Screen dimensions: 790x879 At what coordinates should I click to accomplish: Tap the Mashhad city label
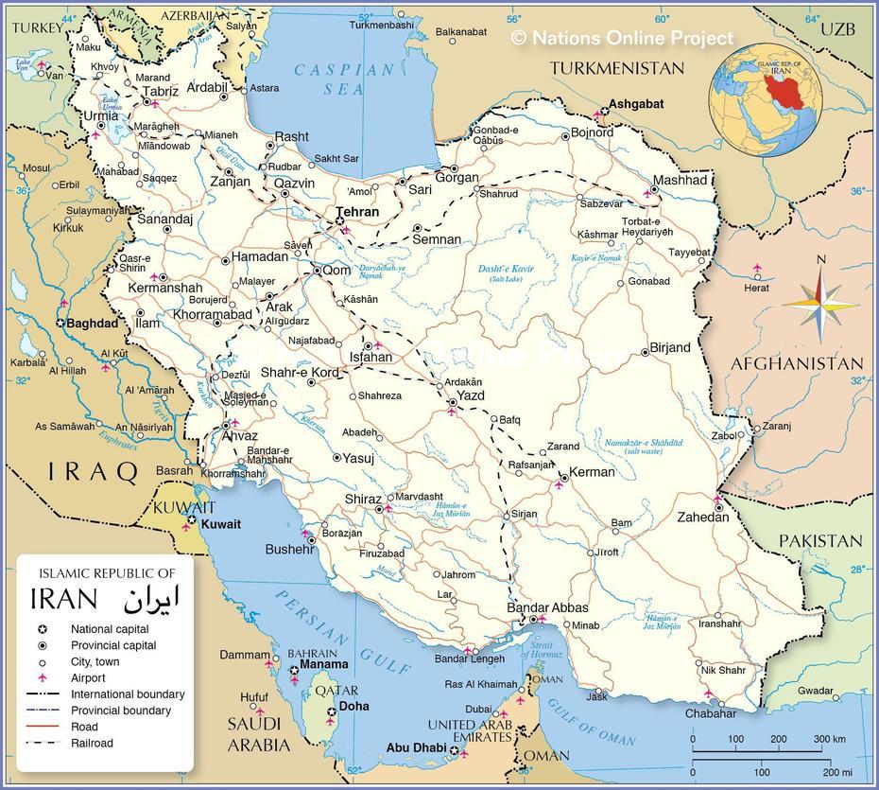680,180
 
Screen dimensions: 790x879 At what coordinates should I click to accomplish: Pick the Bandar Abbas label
548,607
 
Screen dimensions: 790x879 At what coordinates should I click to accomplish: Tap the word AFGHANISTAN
797,363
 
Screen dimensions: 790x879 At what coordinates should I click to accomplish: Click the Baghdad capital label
93,323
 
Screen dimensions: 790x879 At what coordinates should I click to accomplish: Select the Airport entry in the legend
88,678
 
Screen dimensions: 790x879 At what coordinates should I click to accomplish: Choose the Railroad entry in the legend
92,743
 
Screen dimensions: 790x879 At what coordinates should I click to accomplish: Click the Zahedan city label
702,517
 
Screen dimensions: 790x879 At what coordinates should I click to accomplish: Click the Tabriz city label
160,92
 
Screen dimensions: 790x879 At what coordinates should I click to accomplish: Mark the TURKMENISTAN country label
617,68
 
